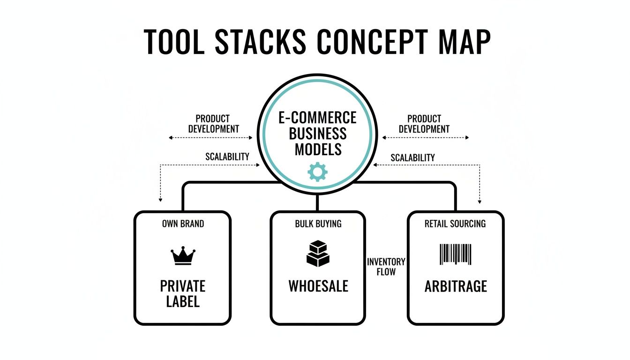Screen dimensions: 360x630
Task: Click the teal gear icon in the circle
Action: coord(317,172)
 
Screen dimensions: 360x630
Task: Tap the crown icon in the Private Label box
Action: coord(183,256)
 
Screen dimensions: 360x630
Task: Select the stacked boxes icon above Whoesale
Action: coord(317,254)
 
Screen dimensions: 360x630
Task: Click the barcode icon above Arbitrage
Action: coord(455,254)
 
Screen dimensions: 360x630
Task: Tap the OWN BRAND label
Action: coord(183,224)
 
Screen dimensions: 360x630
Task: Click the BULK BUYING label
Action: coord(318,224)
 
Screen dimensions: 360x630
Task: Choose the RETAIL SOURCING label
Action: coord(455,224)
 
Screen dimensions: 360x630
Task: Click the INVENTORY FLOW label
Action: coord(386,266)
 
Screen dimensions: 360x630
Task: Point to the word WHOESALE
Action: coord(318,286)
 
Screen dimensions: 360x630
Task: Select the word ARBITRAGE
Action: coord(456,286)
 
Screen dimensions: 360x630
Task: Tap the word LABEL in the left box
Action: coord(183,301)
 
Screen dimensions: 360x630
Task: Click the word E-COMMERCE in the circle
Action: coord(317,117)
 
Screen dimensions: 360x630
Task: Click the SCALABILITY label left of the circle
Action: coord(227,157)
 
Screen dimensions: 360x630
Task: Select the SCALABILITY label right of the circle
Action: coord(412,157)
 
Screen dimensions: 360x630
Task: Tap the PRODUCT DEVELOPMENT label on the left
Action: coord(213,124)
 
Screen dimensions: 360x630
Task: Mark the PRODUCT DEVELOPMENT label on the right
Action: coord(424,124)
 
